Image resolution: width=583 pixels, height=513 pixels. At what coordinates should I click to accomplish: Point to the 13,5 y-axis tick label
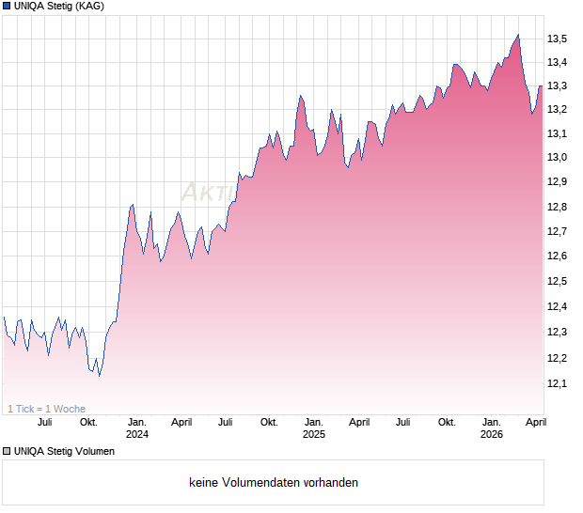click(x=557, y=39)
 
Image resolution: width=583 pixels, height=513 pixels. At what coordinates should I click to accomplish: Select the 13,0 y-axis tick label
click(x=557, y=157)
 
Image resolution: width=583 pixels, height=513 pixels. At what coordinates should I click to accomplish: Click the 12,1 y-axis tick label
click(x=557, y=383)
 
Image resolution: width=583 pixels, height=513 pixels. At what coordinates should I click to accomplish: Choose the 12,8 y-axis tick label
click(x=557, y=207)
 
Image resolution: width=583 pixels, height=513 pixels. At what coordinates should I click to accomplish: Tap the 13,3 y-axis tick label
click(x=557, y=86)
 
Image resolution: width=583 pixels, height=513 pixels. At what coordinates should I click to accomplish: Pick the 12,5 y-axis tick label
click(x=557, y=282)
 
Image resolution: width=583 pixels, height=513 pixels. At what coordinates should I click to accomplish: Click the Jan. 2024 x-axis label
click(x=137, y=428)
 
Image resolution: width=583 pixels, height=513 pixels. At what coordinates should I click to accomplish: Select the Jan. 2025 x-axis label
click(x=314, y=428)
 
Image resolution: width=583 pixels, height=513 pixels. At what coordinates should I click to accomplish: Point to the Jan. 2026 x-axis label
click(x=491, y=428)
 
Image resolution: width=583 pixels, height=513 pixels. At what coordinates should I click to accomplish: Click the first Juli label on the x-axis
click(x=44, y=422)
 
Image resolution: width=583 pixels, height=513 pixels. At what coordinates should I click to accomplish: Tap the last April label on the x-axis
click(x=535, y=422)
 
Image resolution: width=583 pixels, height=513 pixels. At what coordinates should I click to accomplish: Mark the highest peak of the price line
click(x=518, y=36)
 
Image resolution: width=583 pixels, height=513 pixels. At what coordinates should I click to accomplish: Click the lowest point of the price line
click(x=100, y=376)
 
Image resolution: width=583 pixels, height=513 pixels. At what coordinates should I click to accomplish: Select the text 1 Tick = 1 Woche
click(x=46, y=409)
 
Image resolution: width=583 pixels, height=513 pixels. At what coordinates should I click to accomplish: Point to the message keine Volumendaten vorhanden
click(x=274, y=483)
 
